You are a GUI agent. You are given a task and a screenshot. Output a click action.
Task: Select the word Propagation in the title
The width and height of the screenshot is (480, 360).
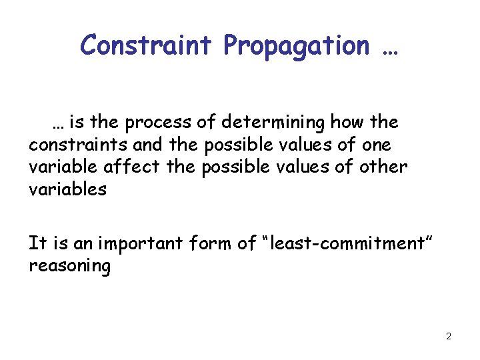tap(295, 45)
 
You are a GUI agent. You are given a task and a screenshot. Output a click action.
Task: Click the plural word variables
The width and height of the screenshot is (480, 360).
tap(67, 189)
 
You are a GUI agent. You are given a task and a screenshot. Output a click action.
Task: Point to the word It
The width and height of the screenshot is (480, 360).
tap(37, 243)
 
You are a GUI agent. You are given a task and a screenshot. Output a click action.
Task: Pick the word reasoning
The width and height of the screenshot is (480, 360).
tap(69, 267)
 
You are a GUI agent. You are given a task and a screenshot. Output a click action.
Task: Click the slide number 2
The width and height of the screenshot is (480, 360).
tap(448, 336)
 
